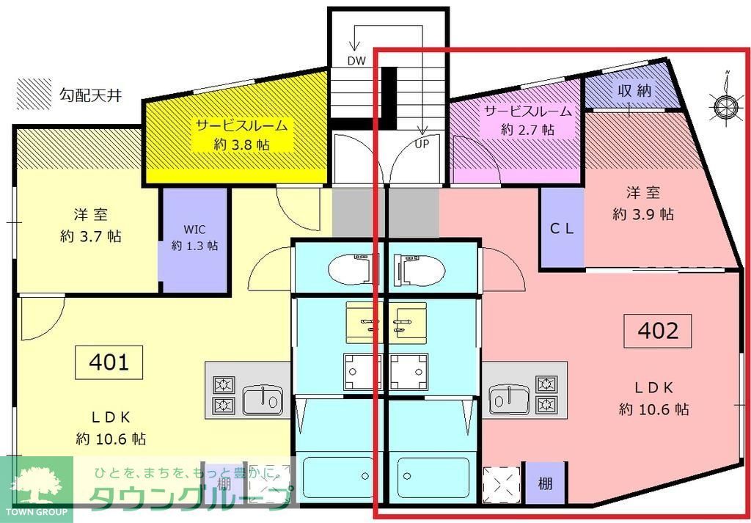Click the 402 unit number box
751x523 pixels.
click(x=658, y=332)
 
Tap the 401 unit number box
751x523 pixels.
click(x=109, y=362)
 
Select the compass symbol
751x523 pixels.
click(x=725, y=107)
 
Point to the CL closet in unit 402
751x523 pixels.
click(x=562, y=228)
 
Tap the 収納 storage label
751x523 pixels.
click(x=634, y=92)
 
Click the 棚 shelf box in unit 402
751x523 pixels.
click(x=545, y=483)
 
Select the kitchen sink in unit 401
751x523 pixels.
click(x=263, y=399)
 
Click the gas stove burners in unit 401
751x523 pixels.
click(x=222, y=394)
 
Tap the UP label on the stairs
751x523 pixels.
click(x=422, y=143)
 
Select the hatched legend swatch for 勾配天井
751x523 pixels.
click(x=34, y=94)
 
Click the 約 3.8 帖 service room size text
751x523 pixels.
click(x=241, y=145)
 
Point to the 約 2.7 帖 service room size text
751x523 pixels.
click(x=527, y=130)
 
